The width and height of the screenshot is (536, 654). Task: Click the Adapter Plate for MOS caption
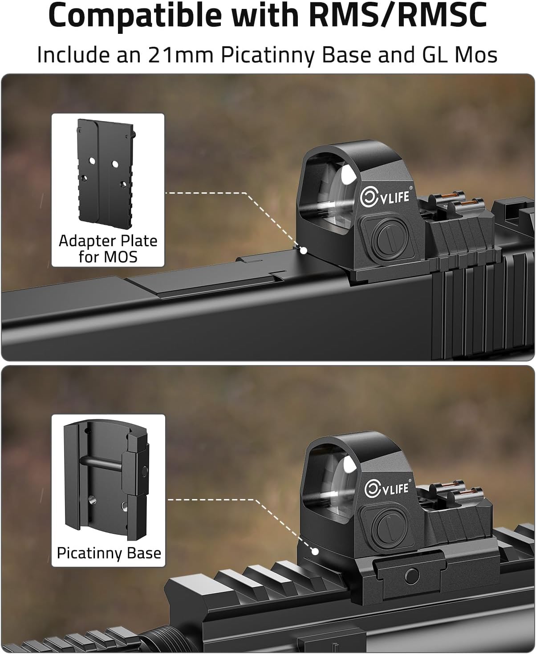click(x=108, y=249)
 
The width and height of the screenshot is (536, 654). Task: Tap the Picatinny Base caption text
click(x=109, y=553)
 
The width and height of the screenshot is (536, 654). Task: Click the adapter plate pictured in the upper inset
click(x=105, y=174)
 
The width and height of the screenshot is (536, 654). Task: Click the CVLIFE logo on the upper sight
click(x=385, y=196)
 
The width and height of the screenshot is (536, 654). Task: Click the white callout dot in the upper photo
click(x=304, y=250)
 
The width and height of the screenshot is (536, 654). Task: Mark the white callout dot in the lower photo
click(x=315, y=552)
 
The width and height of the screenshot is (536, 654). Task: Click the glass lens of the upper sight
click(x=334, y=192)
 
